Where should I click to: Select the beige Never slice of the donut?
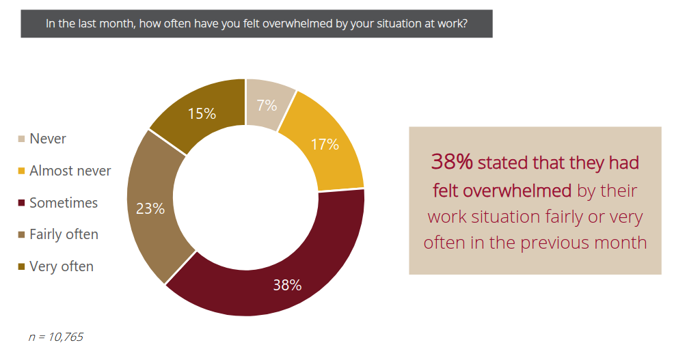pyautogui.click(x=268, y=104)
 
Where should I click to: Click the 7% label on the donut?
pyautogui.click(x=267, y=105)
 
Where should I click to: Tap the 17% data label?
pyautogui.click(x=325, y=144)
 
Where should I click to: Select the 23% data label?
pyautogui.click(x=150, y=208)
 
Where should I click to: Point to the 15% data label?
pyautogui.click(x=202, y=113)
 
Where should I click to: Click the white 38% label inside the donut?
pyautogui.click(x=287, y=285)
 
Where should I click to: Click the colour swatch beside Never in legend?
pyautogui.click(x=21, y=139)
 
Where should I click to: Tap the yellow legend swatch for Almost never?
pyautogui.click(x=21, y=171)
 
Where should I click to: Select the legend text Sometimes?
pyautogui.click(x=64, y=203)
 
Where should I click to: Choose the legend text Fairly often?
pyautogui.click(x=64, y=234)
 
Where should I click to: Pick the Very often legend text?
pyautogui.click(x=62, y=266)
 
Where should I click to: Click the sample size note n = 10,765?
pyautogui.click(x=55, y=337)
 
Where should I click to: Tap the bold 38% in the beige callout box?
pyautogui.click(x=452, y=162)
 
